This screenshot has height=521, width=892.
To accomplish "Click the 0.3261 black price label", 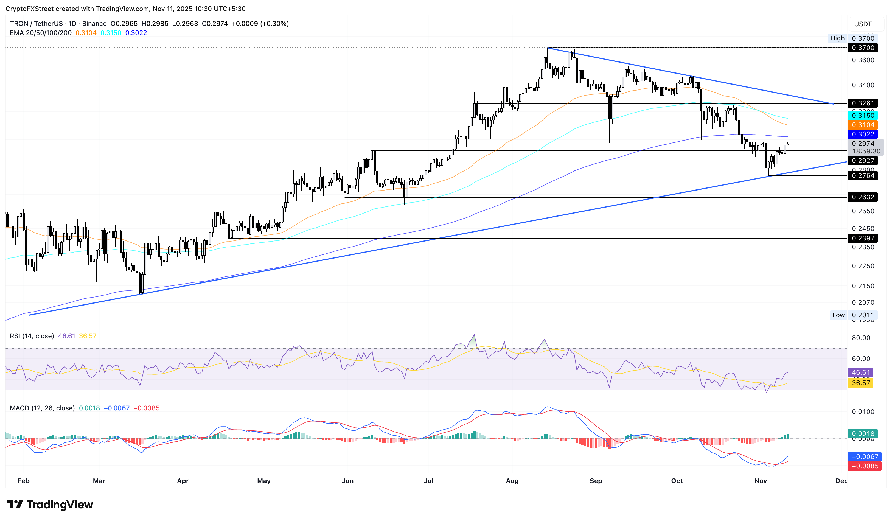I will pyautogui.click(x=862, y=103).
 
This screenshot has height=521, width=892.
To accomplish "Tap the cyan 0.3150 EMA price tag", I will pyautogui.click(x=862, y=115).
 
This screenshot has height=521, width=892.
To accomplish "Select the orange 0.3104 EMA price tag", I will pyautogui.click(x=862, y=125).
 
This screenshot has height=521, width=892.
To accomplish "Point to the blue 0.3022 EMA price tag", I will pyautogui.click(x=862, y=134).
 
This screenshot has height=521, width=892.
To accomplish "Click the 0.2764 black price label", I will pyautogui.click(x=862, y=176).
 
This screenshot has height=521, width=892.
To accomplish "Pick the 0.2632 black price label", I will pyautogui.click(x=862, y=197).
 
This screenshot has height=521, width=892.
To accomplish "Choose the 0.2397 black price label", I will pyautogui.click(x=862, y=238).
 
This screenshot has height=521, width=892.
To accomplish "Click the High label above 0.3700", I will pyautogui.click(x=837, y=38).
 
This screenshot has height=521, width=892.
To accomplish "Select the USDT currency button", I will pyautogui.click(x=863, y=24).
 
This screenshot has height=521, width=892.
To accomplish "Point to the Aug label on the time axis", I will pyautogui.click(x=512, y=481).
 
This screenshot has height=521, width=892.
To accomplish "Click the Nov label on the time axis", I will pyautogui.click(x=760, y=481).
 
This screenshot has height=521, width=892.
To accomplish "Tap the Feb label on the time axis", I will pyautogui.click(x=23, y=481).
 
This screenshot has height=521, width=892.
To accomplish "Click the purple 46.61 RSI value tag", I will pyautogui.click(x=860, y=372).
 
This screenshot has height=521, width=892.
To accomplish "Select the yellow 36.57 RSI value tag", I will pyautogui.click(x=860, y=383).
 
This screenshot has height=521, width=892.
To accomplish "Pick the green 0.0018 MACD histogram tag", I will pyautogui.click(x=862, y=434).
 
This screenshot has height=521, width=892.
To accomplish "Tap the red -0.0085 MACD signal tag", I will pyautogui.click(x=862, y=466).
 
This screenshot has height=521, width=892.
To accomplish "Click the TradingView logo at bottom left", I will pyautogui.click(x=50, y=504).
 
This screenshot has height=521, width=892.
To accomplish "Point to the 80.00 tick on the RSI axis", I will pyautogui.click(x=861, y=338).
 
